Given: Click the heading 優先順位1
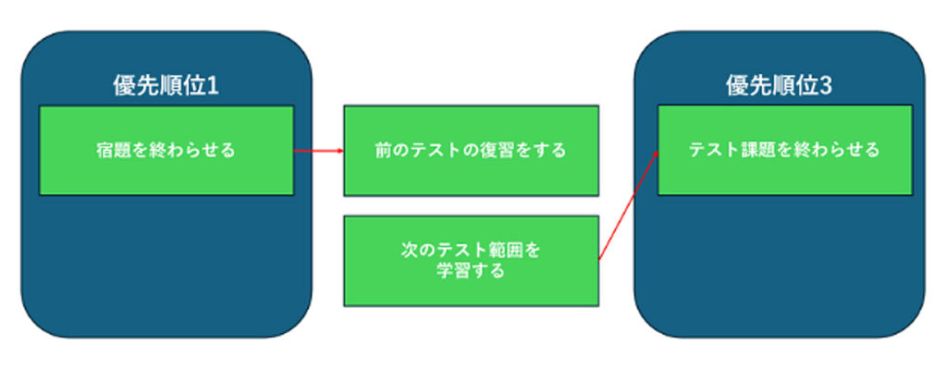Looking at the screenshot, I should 166,87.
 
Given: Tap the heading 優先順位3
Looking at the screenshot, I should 779,87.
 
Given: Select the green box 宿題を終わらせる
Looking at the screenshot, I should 166,150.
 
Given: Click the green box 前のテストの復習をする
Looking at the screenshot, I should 471,150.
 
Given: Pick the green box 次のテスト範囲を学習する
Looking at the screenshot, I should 471,260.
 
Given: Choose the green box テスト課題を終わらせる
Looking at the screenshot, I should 784,150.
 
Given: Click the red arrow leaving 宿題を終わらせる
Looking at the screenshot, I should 318,150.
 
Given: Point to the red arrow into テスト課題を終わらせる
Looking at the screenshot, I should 629,205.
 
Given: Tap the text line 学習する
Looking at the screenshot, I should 471,272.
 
